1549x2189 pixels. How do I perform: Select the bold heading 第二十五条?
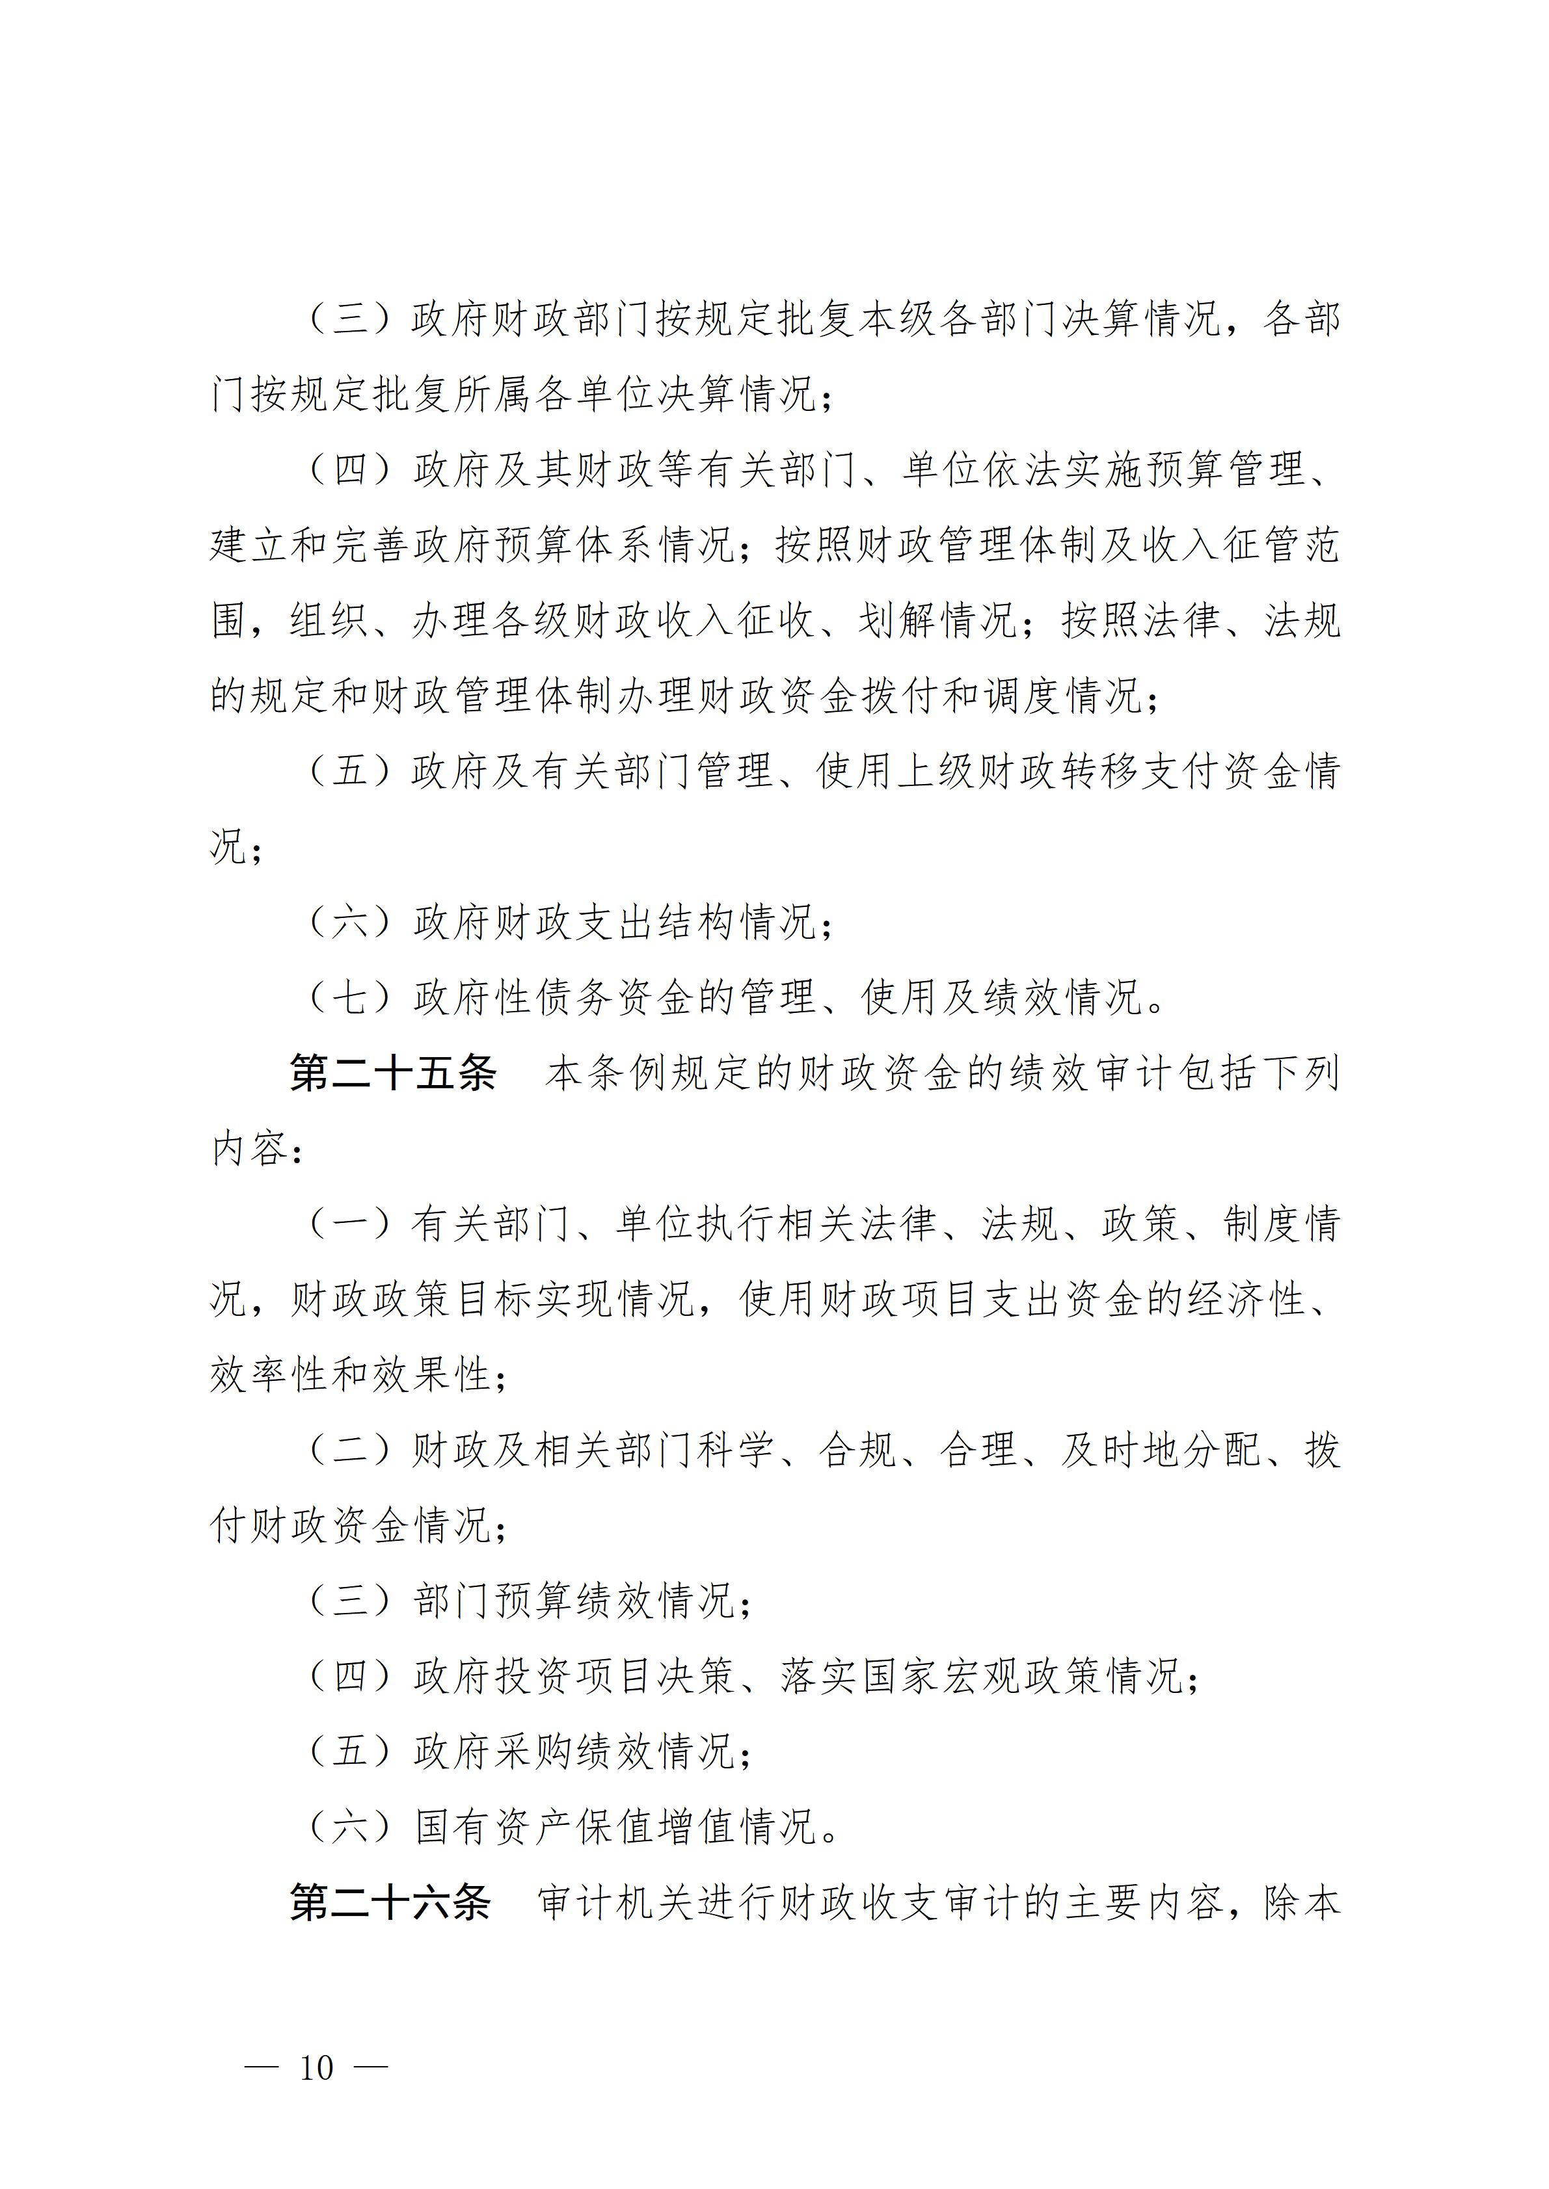(x=393, y=1073)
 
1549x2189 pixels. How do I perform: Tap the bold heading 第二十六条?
(x=390, y=1902)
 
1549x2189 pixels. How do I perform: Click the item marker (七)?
(x=350, y=997)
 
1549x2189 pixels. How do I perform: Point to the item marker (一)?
(x=350, y=1223)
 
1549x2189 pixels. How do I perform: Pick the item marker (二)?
(x=350, y=1450)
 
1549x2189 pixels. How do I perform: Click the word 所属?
(x=496, y=394)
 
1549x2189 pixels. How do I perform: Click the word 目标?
(x=496, y=1298)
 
